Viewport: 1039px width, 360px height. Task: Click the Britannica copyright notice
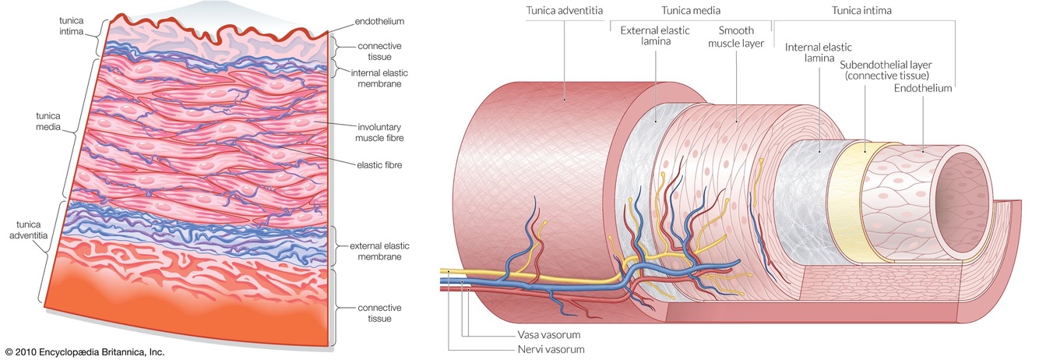pos(84,352)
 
